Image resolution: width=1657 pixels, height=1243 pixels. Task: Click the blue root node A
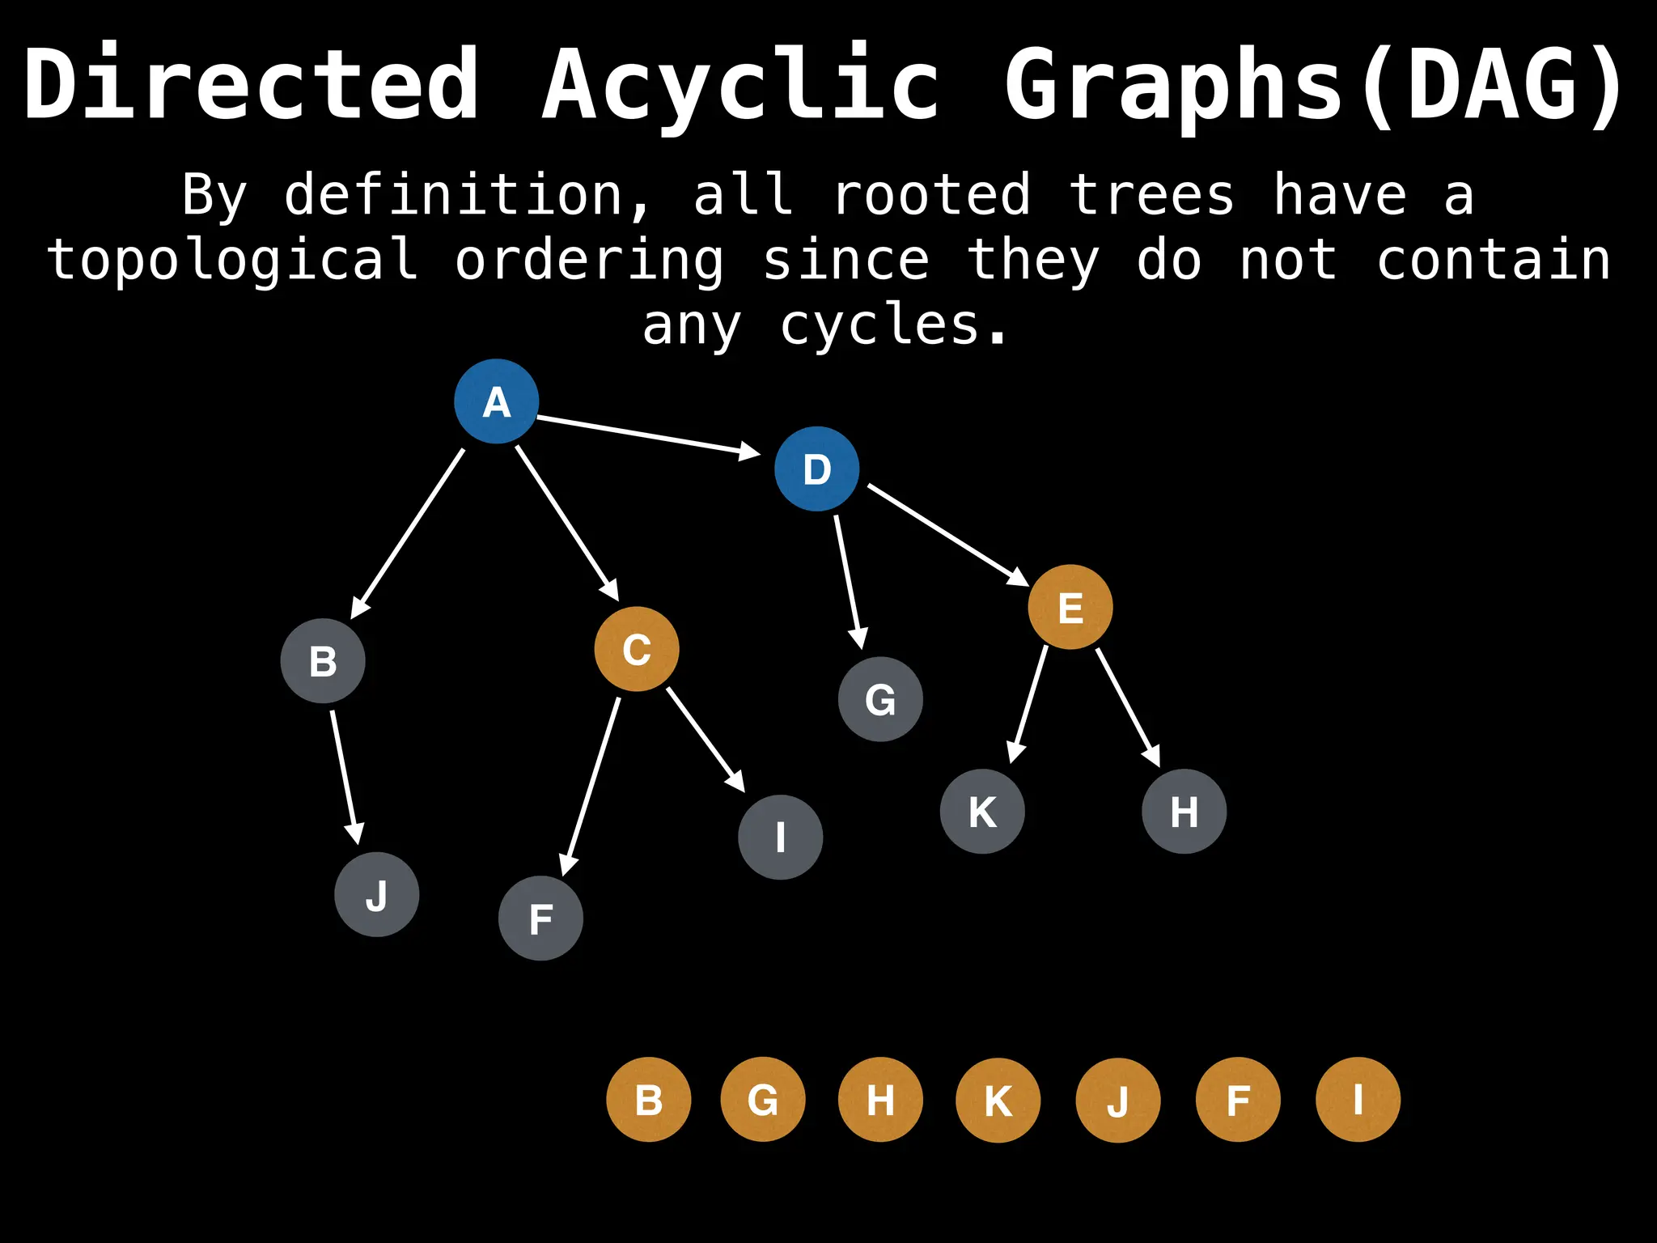point(496,401)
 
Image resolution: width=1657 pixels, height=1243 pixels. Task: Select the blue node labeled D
point(816,469)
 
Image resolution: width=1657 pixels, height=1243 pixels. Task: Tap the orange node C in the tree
point(637,649)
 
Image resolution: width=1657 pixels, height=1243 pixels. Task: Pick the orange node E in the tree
point(1070,607)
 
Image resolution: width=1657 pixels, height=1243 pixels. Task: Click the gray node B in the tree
point(323,661)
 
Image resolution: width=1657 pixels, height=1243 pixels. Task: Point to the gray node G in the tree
point(880,699)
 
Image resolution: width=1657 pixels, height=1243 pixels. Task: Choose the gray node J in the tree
point(377,895)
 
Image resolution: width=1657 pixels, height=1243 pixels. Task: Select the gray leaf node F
point(540,918)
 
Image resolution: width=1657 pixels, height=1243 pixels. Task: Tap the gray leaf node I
point(781,837)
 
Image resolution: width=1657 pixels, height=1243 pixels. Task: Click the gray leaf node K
point(982,812)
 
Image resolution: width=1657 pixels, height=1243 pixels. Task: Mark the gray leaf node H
point(1184,812)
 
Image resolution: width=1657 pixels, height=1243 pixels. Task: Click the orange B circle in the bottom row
point(649,1100)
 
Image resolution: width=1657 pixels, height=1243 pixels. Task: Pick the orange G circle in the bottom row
point(763,1100)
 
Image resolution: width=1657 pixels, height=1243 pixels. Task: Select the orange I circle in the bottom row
point(1358,1100)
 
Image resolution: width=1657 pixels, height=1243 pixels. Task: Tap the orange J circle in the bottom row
point(1118,1101)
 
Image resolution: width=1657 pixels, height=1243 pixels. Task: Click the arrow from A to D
point(647,435)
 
